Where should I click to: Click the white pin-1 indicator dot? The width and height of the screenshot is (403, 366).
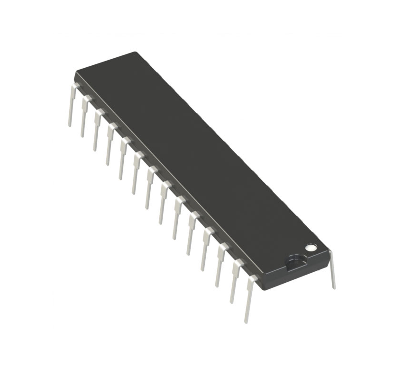[x=310, y=247]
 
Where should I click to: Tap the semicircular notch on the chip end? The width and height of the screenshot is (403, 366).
[x=294, y=259]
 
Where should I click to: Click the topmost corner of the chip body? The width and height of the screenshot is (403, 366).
[x=136, y=52]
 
